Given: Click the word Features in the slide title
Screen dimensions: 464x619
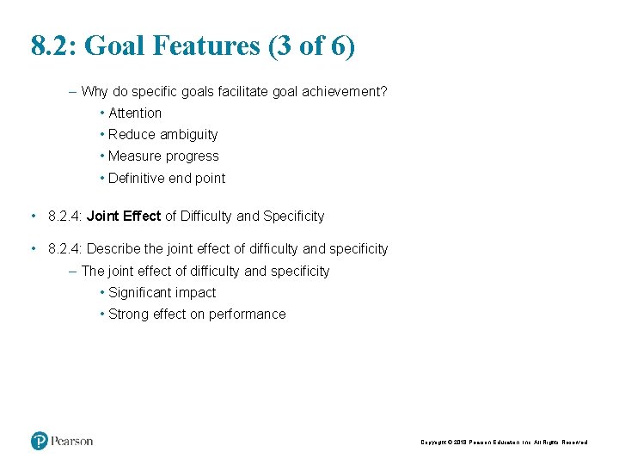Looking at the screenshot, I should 205,46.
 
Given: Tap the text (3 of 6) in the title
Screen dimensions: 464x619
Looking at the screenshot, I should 311,46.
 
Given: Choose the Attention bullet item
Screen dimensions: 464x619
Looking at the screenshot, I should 135,113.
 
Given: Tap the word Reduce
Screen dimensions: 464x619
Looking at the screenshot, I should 132,134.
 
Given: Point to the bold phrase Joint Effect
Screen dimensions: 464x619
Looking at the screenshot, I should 124,216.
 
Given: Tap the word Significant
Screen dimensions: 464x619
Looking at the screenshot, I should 140,292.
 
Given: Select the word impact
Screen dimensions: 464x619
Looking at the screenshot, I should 195,292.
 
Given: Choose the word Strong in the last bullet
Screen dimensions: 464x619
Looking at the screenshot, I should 129,314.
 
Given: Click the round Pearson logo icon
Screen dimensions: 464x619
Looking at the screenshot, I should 40,441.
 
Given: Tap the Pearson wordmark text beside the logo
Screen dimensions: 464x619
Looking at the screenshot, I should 71,441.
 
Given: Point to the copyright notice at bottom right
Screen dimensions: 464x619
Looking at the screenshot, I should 504,442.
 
